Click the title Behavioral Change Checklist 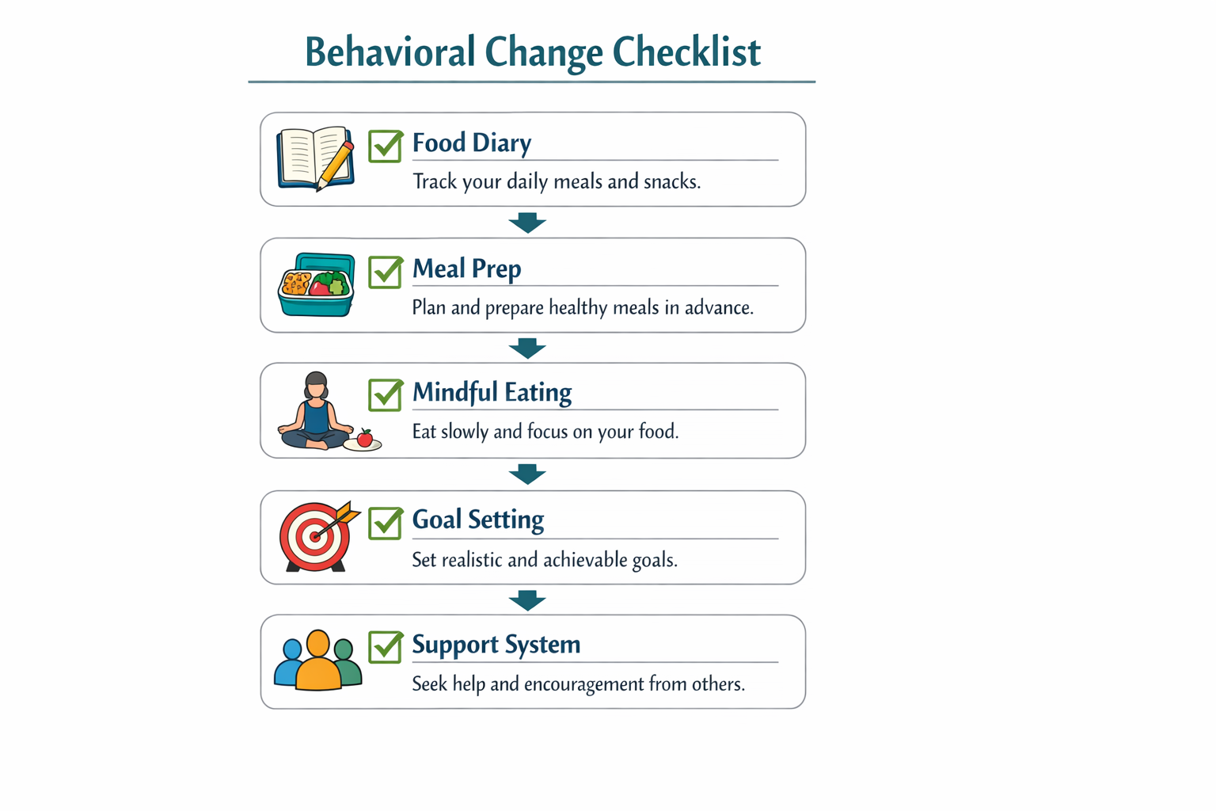click(532, 52)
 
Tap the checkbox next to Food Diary click(385, 147)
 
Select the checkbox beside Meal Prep click(385, 272)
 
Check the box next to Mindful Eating click(385, 395)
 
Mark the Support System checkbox click(385, 647)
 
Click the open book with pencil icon click(315, 158)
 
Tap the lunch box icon click(316, 285)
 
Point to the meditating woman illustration click(315, 411)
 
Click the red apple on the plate click(364, 438)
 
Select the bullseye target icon click(315, 536)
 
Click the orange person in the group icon click(318, 661)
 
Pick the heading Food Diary click(472, 143)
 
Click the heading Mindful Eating click(492, 392)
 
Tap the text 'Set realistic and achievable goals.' click(545, 560)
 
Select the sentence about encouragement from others click(578, 683)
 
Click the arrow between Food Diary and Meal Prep click(527, 223)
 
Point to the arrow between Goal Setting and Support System click(527, 600)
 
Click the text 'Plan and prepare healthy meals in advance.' click(583, 307)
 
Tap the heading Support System click(496, 645)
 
